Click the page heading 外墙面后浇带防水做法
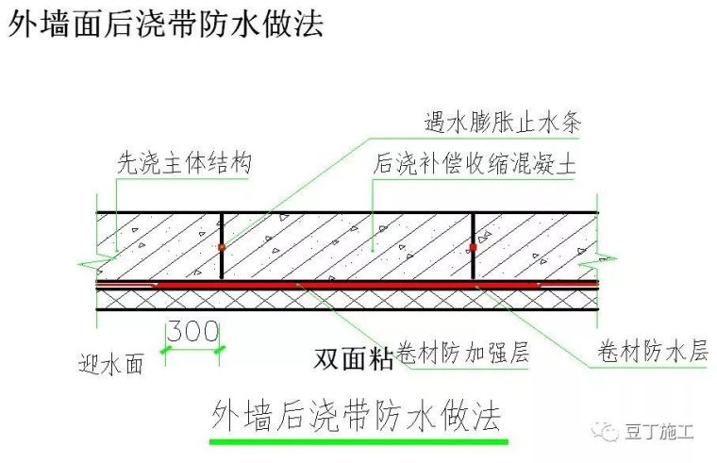coord(165,25)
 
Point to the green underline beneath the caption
coord(358,439)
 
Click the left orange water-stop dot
coord(222,247)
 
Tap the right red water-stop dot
coord(473,248)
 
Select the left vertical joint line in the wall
coord(222,226)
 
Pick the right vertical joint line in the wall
coord(473,226)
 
